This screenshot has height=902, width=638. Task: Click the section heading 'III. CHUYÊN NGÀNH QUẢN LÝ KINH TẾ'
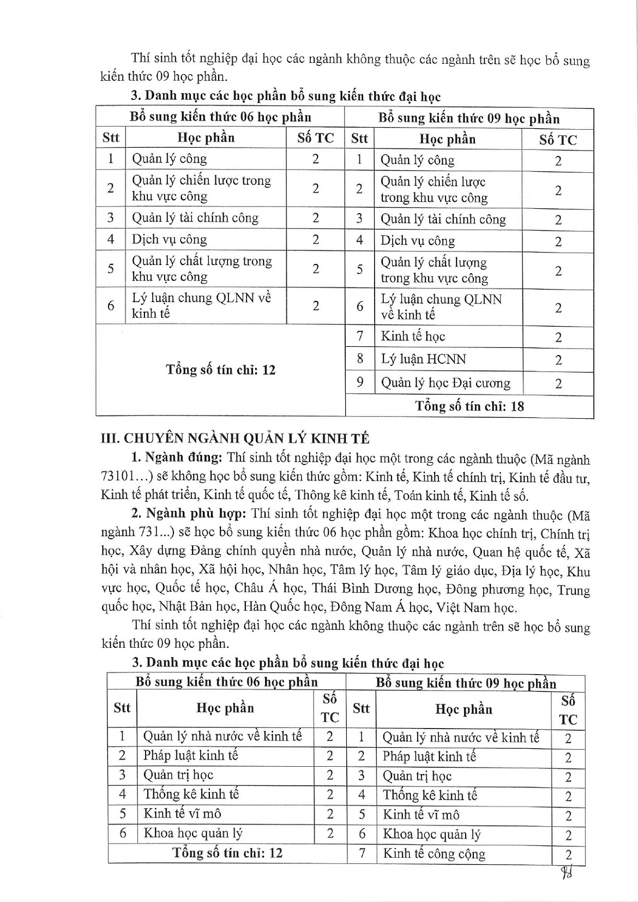click(236, 438)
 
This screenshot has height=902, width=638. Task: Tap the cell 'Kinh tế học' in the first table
click(413, 336)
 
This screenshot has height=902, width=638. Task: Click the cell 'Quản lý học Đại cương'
click(446, 383)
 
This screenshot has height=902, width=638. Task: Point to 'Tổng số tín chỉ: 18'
click(470, 406)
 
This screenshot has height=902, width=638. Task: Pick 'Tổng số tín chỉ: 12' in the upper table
click(221, 370)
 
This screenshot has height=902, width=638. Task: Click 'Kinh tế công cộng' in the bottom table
click(434, 854)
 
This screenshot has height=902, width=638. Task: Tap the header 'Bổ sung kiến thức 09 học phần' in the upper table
click(469, 118)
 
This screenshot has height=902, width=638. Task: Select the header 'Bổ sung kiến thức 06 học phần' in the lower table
click(227, 682)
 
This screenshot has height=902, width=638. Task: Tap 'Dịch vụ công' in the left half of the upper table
click(169, 239)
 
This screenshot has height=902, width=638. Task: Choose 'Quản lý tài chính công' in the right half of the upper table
click(443, 219)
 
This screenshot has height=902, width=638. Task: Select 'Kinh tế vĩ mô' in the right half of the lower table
click(420, 815)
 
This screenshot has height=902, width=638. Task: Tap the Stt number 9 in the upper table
click(360, 382)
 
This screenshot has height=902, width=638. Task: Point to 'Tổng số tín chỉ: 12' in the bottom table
click(227, 853)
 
